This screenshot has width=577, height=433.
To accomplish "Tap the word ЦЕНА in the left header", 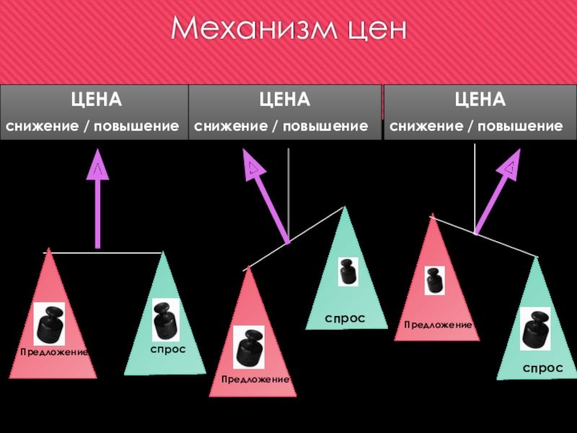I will click(94, 98).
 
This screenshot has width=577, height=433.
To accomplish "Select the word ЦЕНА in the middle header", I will click(285, 98).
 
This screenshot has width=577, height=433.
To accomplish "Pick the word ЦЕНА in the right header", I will click(480, 98).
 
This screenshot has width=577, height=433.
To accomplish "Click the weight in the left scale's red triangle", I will click(50, 324).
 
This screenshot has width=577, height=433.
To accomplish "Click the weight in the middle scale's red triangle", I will click(250, 348).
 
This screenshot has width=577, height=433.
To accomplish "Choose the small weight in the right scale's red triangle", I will click(434, 280).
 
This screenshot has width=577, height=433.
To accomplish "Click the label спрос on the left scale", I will click(168, 349).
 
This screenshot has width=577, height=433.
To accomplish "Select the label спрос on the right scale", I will click(542, 368).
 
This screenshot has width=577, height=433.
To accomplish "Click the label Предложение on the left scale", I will click(53, 352).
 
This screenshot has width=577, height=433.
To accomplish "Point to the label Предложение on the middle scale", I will click(255, 379).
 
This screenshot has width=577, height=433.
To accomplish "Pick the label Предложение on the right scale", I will click(438, 325).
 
